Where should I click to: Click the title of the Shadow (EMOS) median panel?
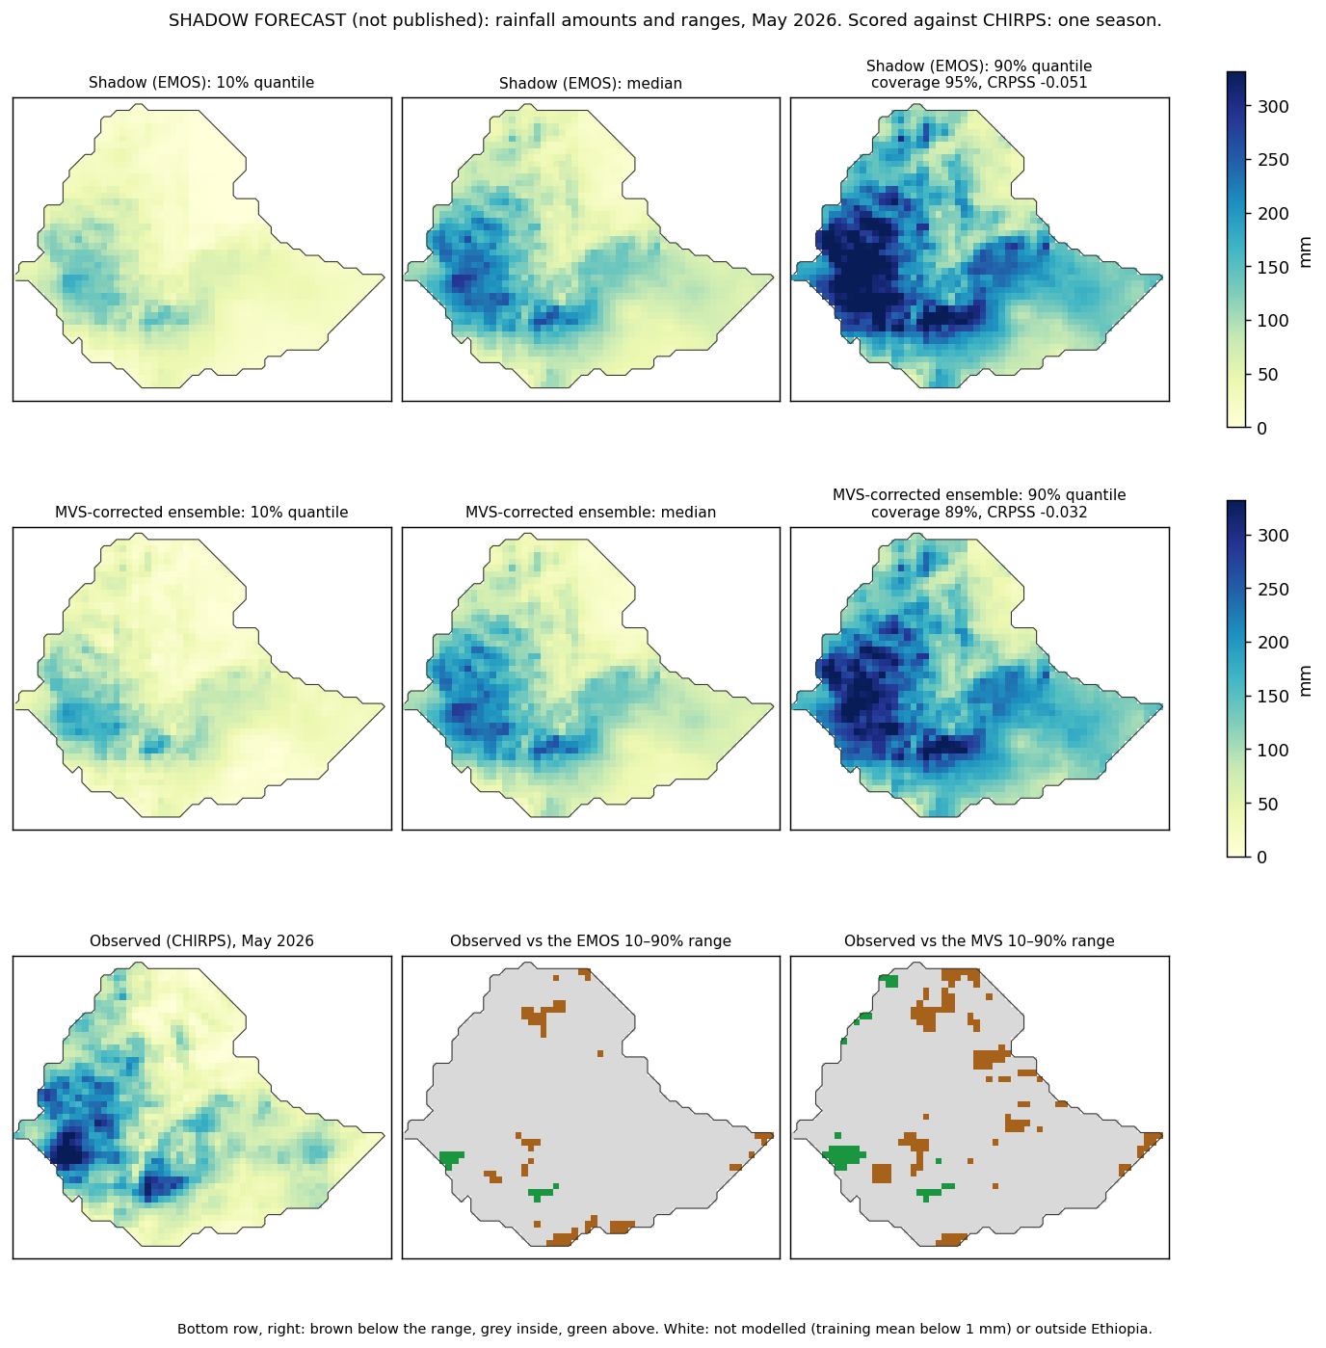click(x=590, y=83)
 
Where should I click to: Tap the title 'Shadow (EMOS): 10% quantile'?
click(x=201, y=83)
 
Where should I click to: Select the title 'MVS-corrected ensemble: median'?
click(x=590, y=512)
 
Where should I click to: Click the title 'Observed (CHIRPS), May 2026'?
click(x=201, y=940)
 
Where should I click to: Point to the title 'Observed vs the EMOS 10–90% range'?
click(x=590, y=940)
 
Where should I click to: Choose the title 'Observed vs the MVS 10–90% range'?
click(x=979, y=940)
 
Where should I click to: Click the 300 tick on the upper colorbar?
click(x=1273, y=106)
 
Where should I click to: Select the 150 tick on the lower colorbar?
click(x=1273, y=696)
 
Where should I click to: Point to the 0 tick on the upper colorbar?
click(x=1261, y=428)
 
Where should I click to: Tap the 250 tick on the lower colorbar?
click(x=1273, y=589)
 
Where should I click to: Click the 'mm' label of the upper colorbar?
click(x=1305, y=252)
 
